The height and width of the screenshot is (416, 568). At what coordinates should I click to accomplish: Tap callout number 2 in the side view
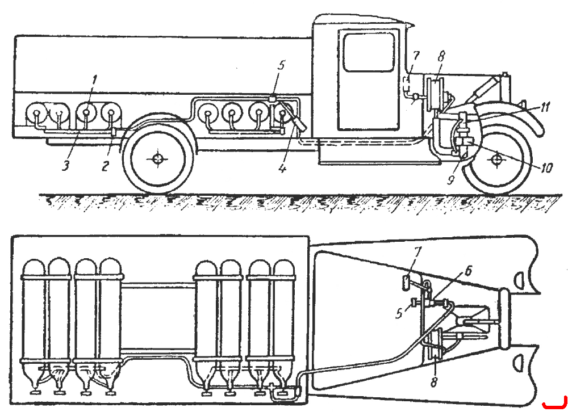(x=105, y=166)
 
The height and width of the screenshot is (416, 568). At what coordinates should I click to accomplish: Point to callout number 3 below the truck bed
(x=65, y=166)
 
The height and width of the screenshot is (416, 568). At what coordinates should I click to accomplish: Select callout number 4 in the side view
(x=282, y=168)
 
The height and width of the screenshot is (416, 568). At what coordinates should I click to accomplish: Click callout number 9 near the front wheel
(x=450, y=179)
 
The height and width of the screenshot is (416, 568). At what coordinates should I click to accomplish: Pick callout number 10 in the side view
(x=546, y=167)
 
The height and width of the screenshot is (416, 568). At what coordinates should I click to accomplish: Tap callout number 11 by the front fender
(x=545, y=107)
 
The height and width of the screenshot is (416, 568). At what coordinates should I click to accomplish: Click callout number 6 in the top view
(x=468, y=271)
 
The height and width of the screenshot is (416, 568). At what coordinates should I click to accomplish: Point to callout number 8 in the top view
(x=434, y=381)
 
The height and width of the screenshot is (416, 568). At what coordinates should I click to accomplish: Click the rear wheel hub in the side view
(x=157, y=158)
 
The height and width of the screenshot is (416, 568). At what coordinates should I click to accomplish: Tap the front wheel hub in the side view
(x=497, y=159)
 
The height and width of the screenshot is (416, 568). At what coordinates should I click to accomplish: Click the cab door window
(x=369, y=52)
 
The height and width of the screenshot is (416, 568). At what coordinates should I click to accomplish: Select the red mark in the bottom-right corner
(x=554, y=405)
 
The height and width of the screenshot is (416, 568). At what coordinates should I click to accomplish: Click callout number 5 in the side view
(x=281, y=65)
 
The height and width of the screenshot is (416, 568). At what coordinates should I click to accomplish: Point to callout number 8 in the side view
(x=441, y=57)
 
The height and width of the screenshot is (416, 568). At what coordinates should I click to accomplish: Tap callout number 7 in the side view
(x=416, y=56)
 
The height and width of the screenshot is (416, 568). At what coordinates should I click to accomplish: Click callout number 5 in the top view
(x=399, y=313)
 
